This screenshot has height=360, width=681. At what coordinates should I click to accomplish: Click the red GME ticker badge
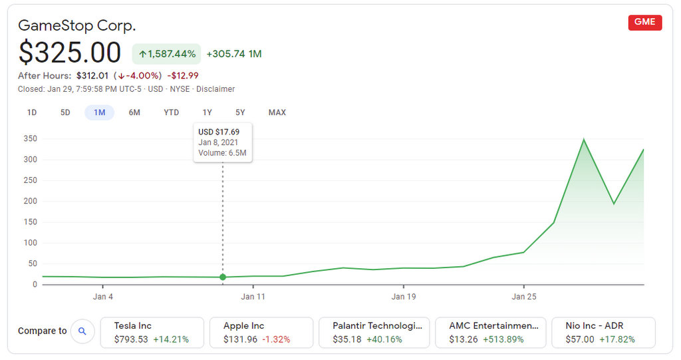[644, 22]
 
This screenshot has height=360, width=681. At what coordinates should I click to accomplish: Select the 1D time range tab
[32, 112]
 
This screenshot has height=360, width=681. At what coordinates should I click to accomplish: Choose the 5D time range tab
[65, 112]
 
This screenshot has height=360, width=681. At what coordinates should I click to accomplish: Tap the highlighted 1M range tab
[99, 112]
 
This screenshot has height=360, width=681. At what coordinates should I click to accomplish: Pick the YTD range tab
[171, 112]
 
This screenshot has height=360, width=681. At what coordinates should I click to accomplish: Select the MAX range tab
[277, 112]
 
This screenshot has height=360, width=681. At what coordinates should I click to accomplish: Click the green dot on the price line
[223, 277]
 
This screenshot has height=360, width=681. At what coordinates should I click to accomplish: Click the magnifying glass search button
[82, 331]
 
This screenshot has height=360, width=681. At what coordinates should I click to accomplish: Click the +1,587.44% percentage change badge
[167, 54]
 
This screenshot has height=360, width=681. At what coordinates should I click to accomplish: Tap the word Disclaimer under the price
[215, 89]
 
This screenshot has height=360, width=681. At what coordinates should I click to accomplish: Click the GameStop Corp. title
[77, 26]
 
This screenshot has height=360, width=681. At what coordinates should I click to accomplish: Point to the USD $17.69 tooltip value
[219, 132]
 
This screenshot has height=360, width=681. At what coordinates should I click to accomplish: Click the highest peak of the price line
[583, 140]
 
